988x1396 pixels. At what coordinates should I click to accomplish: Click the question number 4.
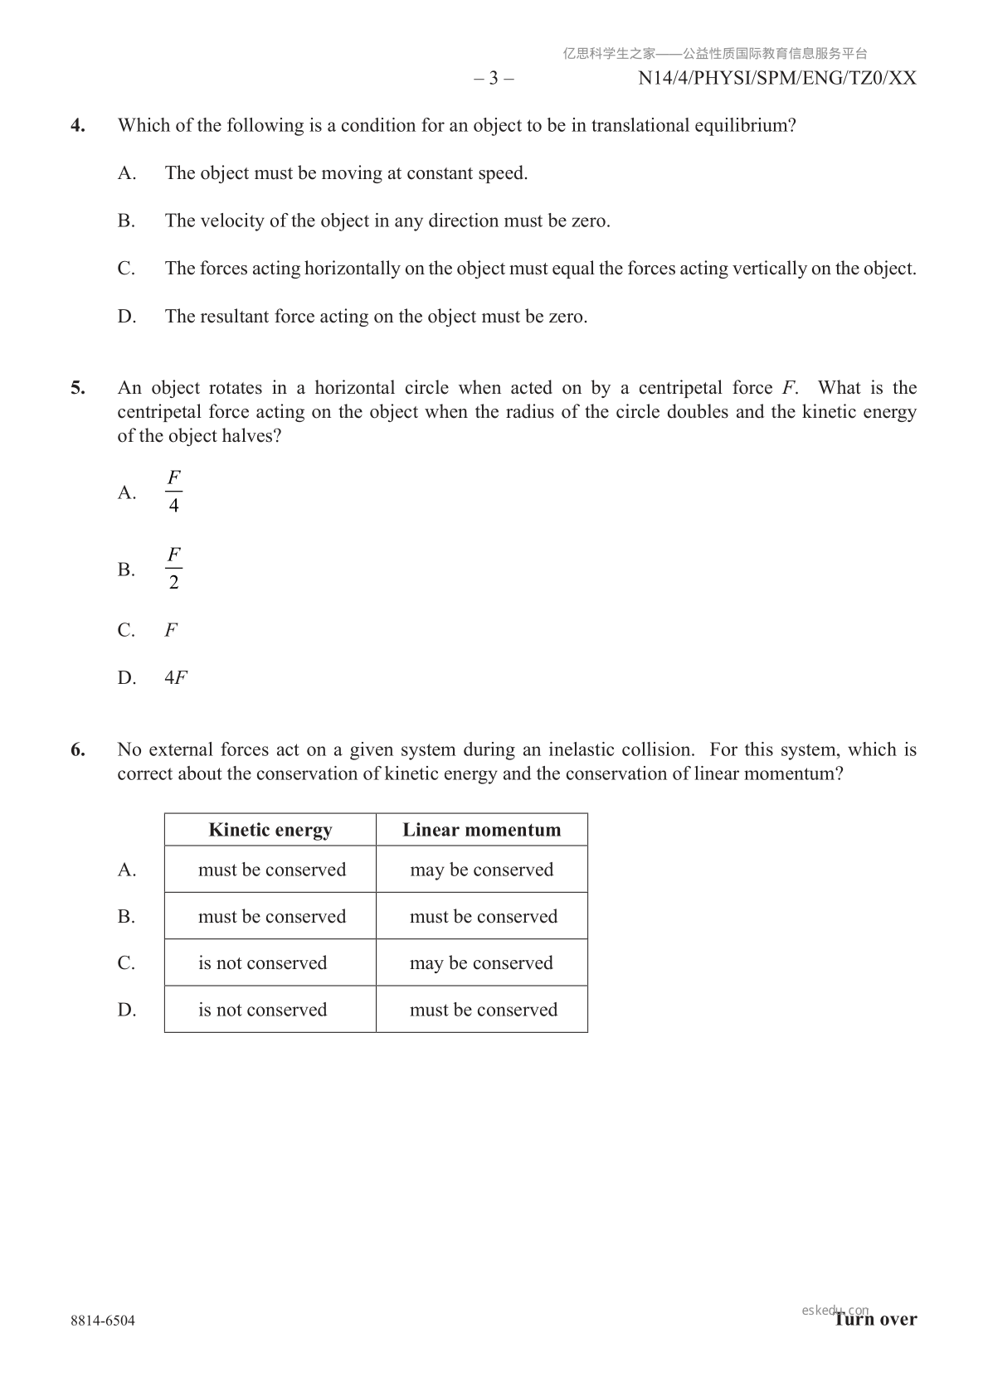pos(77,126)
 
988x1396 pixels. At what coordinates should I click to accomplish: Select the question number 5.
pos(77,388)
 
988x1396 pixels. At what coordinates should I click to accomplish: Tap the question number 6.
pos(77,750)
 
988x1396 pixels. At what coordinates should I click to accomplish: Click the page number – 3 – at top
pos(494,79)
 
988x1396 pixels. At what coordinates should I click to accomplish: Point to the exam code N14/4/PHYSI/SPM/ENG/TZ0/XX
pos(777,79)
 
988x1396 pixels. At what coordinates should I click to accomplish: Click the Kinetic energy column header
pos(270,830)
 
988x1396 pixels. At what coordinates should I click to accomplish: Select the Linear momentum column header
pos(482,830)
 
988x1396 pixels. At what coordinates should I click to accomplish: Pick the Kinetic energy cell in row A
pos(271,870)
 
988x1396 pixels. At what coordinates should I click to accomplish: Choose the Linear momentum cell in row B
pos(483,916)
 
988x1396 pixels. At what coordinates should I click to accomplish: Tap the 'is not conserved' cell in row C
pos(262,962)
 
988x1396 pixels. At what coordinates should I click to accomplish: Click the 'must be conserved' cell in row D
pos(483,1010)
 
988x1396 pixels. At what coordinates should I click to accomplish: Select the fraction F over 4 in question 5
pos(173,492)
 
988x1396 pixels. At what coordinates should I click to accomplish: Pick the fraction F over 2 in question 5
pos(173,569)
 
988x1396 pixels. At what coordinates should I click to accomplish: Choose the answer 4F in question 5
pos(176,678)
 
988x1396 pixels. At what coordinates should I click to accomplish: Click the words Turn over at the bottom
pos(876,1320)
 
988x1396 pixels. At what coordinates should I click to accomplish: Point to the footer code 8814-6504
pos(103,1321)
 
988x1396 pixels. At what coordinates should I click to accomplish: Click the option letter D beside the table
pos(127,1010)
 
